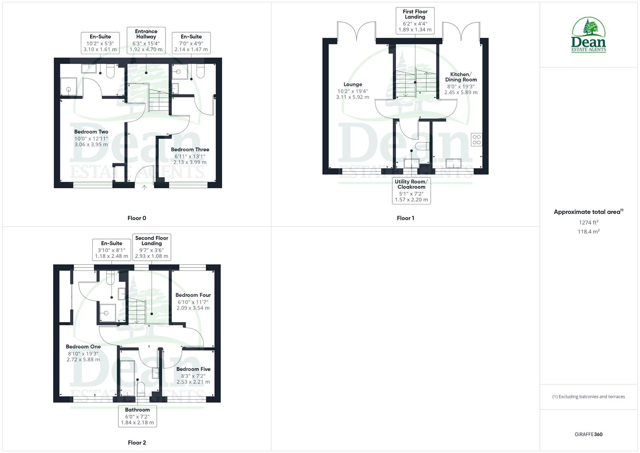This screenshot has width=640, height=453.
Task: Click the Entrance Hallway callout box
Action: tap(146, 40)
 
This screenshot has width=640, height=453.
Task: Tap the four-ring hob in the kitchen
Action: tap(477, 140)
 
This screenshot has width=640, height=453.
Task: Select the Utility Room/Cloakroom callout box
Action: tap(411, 190)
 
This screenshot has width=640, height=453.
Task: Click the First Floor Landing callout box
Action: tap(415, 21)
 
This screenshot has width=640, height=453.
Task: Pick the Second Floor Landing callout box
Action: tap(151, 247)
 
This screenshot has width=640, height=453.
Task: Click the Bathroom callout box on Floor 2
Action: tap(137, 416)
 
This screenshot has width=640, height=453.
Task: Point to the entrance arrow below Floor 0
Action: tap(144, 187)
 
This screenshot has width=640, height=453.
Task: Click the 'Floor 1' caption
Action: tap(405, 218)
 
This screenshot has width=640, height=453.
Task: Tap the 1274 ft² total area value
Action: tap(588, 223)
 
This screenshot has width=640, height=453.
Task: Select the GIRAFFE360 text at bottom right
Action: tap(588, 435)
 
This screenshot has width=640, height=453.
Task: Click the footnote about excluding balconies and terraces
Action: tap(588, 396)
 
